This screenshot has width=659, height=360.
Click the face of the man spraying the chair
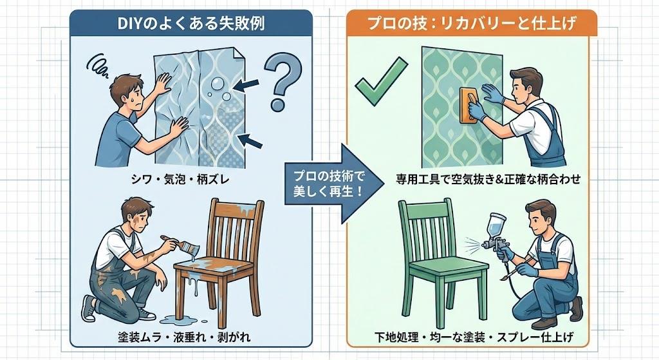(540, 218)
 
